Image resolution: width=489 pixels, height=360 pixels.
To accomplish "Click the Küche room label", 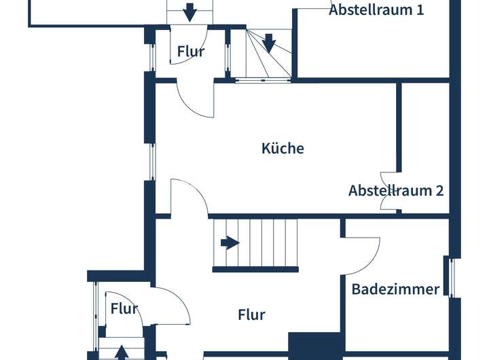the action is [x=283, y=148].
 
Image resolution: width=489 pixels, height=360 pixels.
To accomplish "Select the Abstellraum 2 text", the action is [x=396, y=190].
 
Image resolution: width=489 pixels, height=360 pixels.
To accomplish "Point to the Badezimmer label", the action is [x=395, y=289].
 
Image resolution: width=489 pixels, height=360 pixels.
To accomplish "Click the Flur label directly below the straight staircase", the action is [x=251, y=314].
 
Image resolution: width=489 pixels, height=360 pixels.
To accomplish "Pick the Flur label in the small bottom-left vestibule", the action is [x=124, y=310].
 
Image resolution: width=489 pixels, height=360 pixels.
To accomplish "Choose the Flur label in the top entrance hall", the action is [x=191, y=51].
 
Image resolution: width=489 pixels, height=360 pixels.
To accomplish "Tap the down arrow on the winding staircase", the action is [x=269, y=43].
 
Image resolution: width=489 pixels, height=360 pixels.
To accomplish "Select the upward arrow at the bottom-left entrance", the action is [x=121, y=352].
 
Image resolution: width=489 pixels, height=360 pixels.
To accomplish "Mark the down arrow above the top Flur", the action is [x=189, y=11].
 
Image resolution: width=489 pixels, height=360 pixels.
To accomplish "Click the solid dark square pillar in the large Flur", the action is [x=315, y=345].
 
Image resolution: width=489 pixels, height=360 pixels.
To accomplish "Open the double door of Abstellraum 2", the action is [x=389, y=190].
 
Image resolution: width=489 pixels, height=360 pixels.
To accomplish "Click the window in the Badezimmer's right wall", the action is [x=448, y=277].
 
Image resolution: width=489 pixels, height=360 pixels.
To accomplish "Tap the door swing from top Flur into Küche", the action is [x=196, y=98].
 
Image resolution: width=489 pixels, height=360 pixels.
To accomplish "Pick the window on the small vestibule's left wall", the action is [x=94, y=315].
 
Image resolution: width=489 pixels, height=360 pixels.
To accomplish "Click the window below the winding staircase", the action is [x=264, y=81].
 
